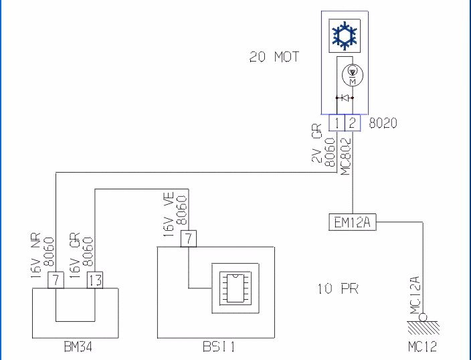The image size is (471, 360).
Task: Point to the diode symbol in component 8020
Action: [x=344, y=98]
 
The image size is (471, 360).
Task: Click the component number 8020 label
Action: [x=383, y=123]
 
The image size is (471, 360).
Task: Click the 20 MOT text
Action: [x=274, y=58]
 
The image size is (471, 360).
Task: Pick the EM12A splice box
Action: [x=353, y=223]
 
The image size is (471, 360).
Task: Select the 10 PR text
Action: [x=338, y=290]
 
